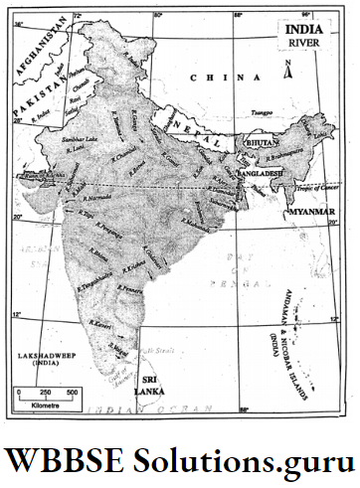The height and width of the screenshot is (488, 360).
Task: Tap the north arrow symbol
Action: [x=286, y=70]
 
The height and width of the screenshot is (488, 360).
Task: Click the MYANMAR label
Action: [x=310, y=213]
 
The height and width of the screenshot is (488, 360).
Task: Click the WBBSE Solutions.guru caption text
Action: [x=179, y=460]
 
